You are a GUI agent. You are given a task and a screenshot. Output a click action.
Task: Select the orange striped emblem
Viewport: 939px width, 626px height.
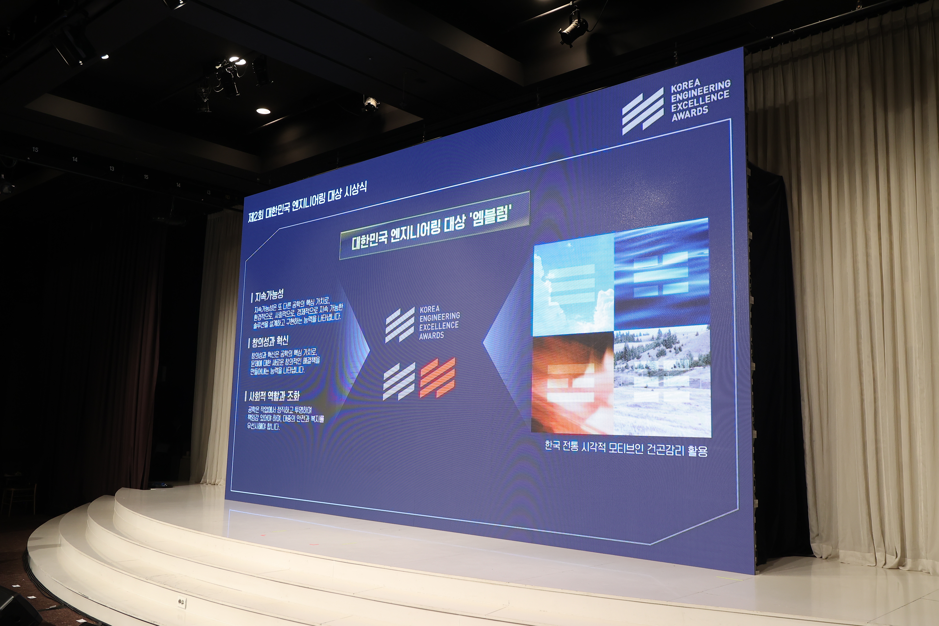click(437, 378)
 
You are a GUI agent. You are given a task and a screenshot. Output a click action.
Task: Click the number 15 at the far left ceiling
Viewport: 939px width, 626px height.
click(35, 150)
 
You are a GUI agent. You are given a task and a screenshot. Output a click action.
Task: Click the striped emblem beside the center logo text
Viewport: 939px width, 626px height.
click(400, 325)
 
